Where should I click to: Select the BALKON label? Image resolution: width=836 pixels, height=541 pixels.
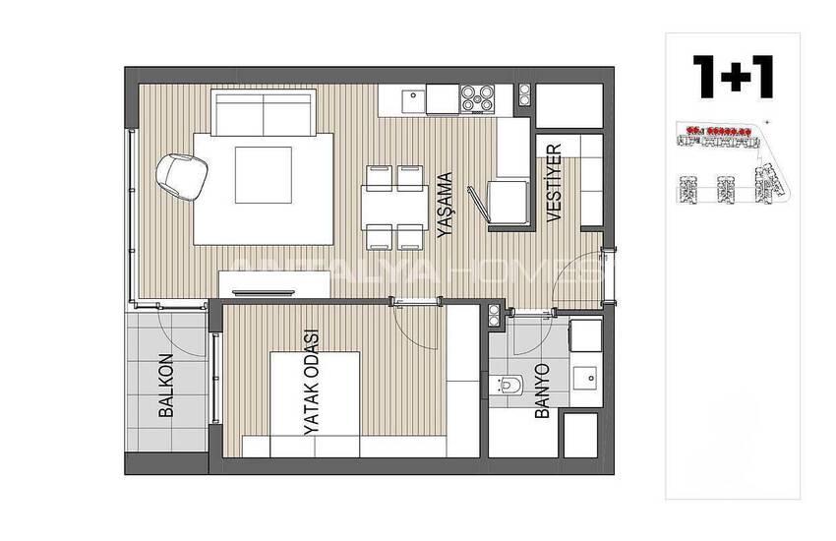(x=166, y=387)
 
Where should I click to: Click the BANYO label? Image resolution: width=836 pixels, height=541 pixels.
(x=542, y=392)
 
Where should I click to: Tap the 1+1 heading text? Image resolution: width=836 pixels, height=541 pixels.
(x=732, y=76)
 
